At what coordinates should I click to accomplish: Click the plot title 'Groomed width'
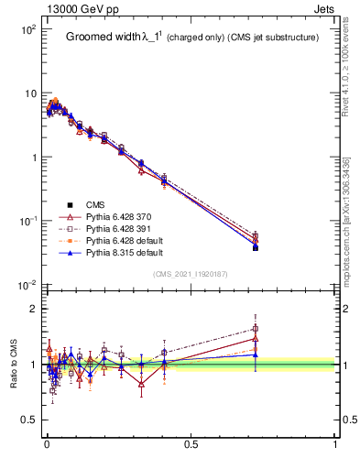103,38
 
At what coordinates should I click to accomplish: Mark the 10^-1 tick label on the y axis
27,222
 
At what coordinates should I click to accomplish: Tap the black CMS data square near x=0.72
256,248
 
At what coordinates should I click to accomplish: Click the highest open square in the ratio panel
256,329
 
